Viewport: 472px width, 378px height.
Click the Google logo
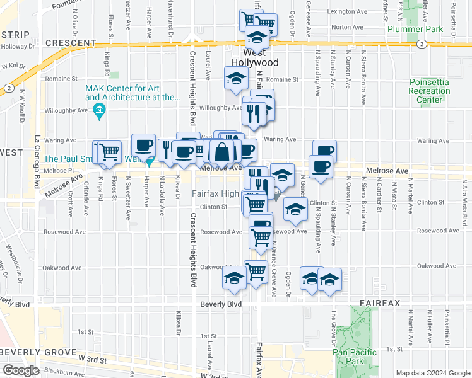click(x=21, y=370)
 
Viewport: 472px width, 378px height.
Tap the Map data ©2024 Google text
click(x=433, y=373)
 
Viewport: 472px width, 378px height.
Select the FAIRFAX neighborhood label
click(x=381, y=303)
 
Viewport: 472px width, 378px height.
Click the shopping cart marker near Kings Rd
click(x=108, y=151)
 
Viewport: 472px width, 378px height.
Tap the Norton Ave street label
click(x=349, y=27)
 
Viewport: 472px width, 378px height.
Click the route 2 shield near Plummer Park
click(x=422, y=43)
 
